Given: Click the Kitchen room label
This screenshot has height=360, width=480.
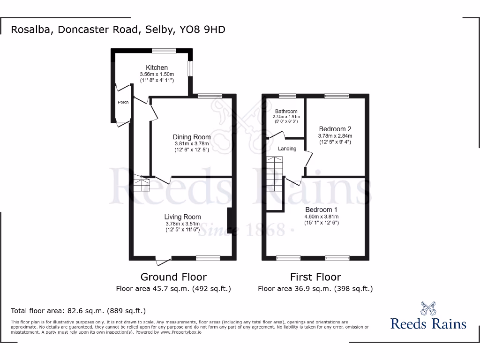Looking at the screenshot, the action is (157, 68).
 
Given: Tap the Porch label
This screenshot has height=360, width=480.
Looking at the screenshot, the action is (123, 102).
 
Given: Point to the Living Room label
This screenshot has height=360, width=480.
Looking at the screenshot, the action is (182, 217).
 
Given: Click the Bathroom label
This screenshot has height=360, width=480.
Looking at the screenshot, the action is (286, 111).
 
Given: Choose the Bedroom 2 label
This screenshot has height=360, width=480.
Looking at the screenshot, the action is (335, 129).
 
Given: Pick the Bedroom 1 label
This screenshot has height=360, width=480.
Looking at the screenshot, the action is (322, 209).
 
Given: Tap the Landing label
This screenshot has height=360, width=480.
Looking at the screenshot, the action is (287, 149).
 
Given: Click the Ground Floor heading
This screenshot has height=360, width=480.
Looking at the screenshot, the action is (173, 277).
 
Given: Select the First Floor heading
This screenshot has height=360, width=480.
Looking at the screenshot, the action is (315, 277).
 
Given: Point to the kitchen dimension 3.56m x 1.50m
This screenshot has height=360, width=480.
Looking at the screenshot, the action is (157, 75).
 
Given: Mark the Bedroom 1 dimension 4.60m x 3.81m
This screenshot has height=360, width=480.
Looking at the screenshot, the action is (322, 217).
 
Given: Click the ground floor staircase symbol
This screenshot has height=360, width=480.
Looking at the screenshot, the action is (141, 183).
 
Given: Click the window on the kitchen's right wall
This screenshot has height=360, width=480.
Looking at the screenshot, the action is (190, 68).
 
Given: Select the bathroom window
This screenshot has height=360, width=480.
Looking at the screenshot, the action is (287, 97).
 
